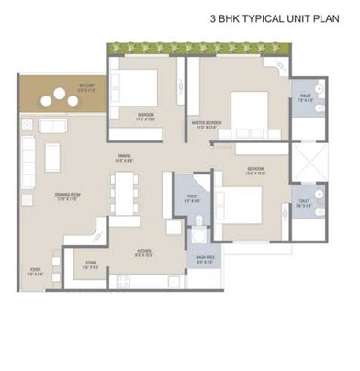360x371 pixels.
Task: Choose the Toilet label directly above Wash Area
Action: tap(192, 198)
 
